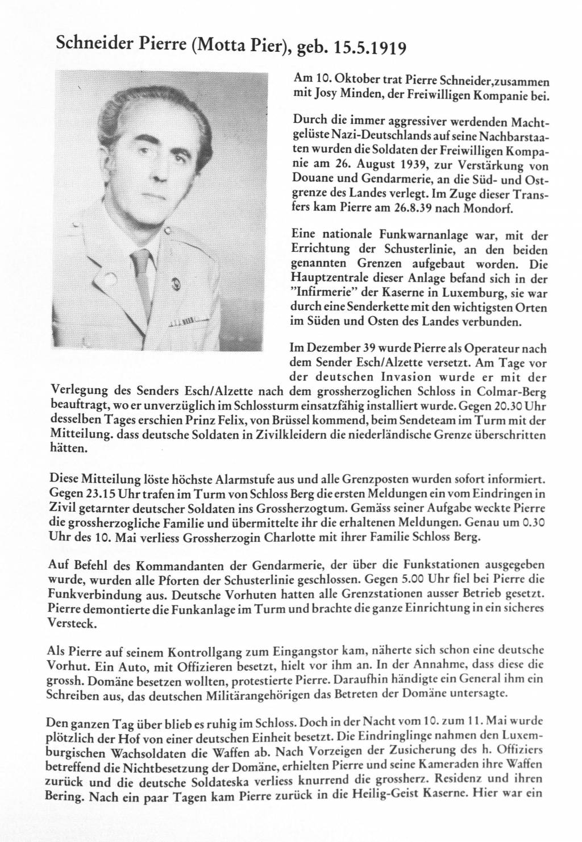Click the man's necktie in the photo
click(141, 273)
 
